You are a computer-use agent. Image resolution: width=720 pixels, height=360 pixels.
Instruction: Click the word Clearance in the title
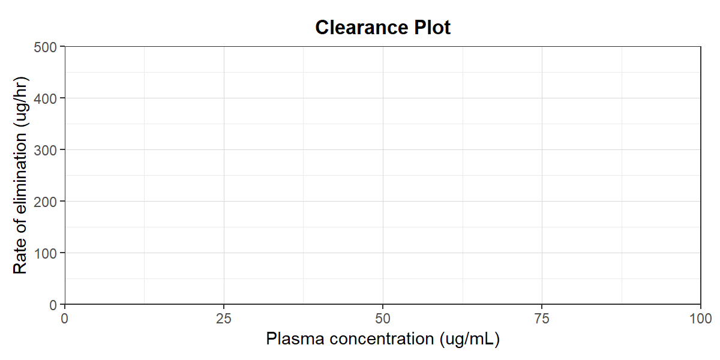[x=362, y=28]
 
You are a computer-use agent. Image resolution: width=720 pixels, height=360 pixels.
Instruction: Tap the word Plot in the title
[x=433, y=28]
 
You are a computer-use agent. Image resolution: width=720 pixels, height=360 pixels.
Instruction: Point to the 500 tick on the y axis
[x=45, y=47]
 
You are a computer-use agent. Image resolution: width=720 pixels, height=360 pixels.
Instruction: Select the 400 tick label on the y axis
[x=45, y=98]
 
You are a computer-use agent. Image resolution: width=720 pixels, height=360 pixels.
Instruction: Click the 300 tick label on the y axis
[x=45, y=151]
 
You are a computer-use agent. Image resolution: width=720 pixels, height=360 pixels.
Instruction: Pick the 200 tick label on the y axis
[x=45, y=202]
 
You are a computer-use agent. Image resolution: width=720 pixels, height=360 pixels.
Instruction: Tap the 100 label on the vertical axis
[x=45, y=254]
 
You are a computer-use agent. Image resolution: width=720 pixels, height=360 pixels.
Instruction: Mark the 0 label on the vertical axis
[x=53, y=305]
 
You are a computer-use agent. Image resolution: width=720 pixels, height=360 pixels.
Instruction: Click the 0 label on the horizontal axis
[x=65, y=319]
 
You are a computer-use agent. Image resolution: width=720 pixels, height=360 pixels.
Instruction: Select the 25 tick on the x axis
[x=224, y=319]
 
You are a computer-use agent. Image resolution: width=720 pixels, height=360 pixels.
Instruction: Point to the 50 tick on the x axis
[x=383, y=319]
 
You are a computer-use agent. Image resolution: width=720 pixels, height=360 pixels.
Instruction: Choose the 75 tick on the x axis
[x=542, y=319]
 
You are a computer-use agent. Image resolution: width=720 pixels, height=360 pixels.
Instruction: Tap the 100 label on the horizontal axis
[x=700, y=319]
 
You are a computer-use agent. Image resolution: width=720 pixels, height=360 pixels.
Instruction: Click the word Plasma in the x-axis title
[x=295, y=339]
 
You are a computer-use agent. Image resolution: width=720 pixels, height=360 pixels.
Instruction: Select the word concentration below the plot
[x=382, y=339]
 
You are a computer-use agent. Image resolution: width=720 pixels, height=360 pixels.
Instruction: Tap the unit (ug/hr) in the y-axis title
[x=20, y=102]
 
